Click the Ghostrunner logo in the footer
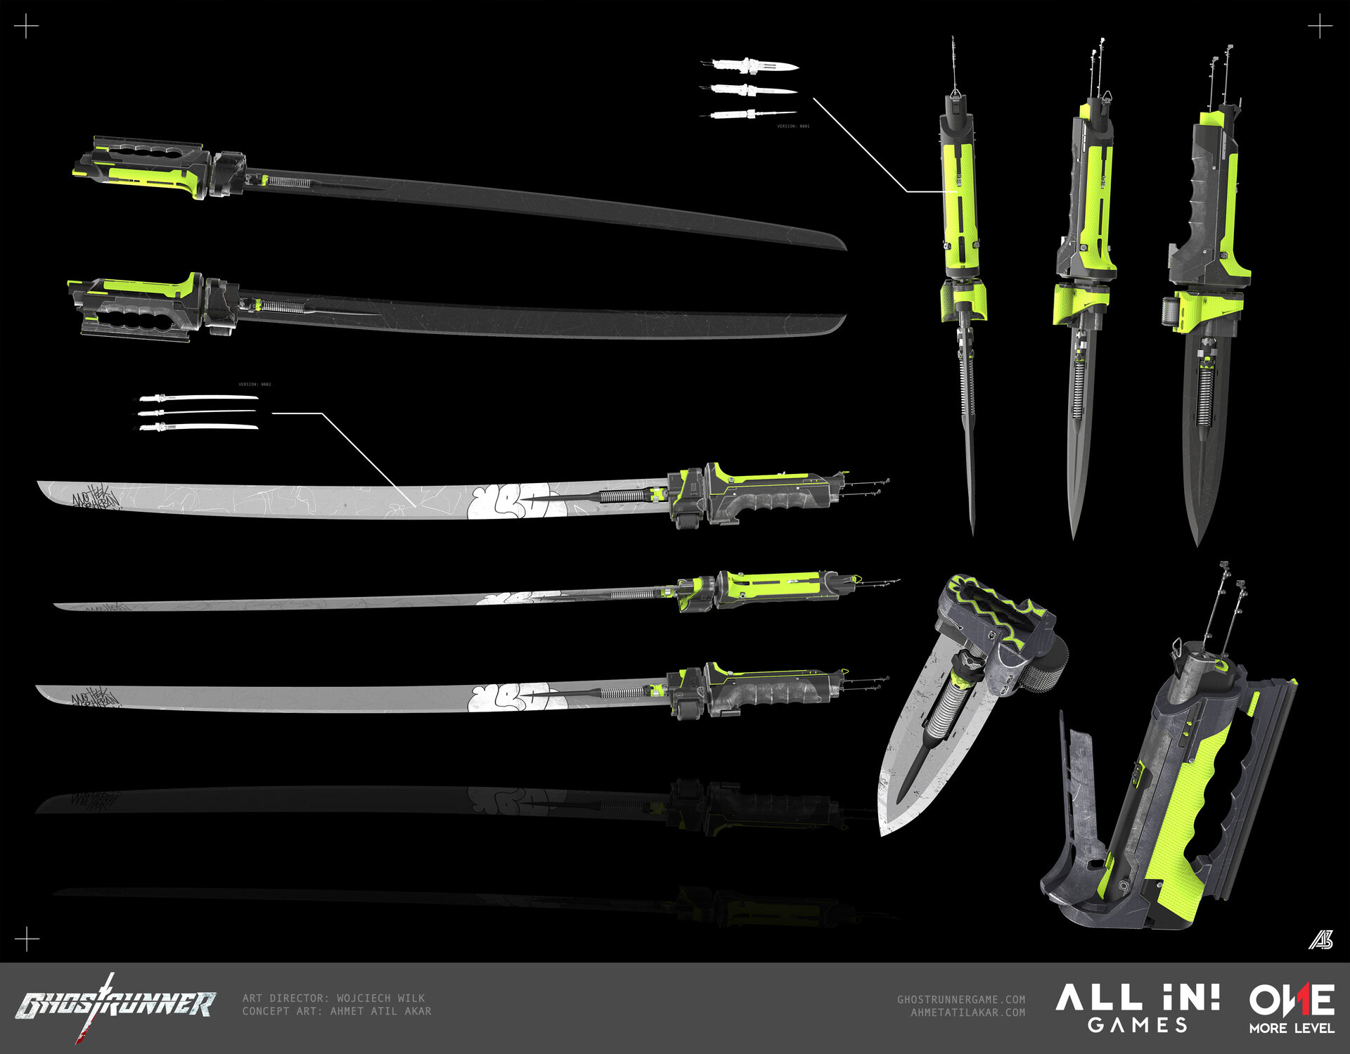[116, 1004]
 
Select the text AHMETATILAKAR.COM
[967, 1013]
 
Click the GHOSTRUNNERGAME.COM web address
[960, 999]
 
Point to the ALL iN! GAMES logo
[1137, 1008]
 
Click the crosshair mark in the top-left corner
[27, 28]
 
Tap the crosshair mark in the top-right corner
[1320, 28]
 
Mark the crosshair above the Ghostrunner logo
[27, 939]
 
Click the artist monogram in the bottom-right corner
[1320, 939]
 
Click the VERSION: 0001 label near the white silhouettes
[793, 127]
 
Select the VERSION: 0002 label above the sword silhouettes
[255, 385]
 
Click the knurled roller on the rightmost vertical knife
[1168, 310]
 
